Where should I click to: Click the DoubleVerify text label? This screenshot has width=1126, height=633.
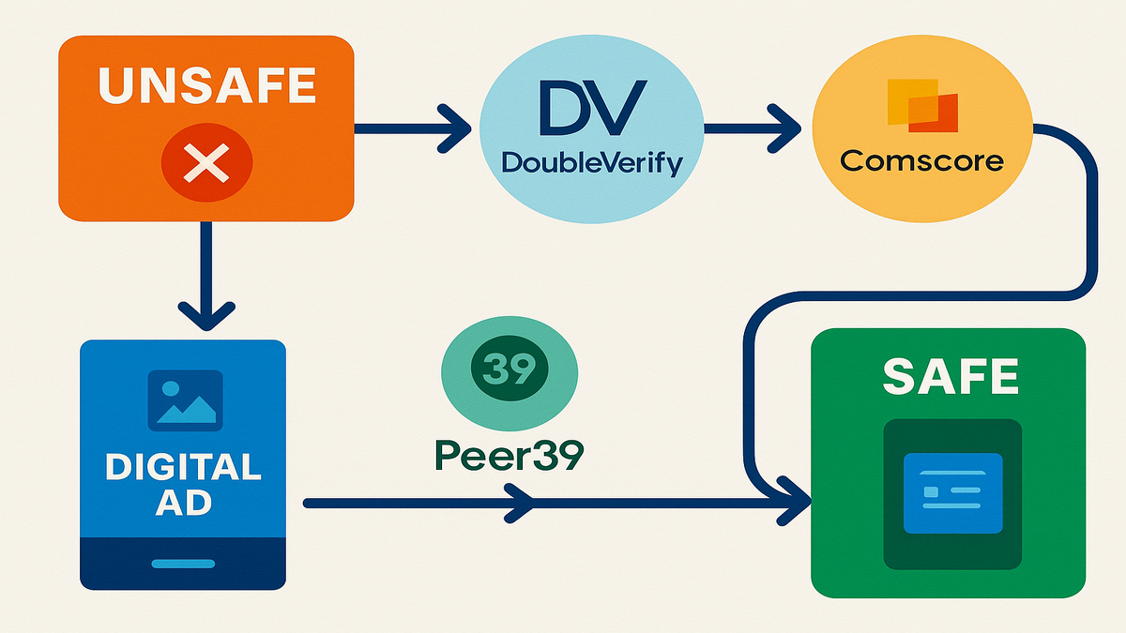click(592, 162)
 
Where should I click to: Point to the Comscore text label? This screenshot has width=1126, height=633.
click(921, 160)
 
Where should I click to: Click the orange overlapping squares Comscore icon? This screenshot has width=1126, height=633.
click(921, 105)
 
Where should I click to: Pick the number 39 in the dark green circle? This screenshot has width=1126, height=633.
click(510, 365)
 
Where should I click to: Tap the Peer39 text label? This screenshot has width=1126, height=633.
click(510, 456)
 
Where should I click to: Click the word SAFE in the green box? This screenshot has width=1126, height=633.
click(951, 377)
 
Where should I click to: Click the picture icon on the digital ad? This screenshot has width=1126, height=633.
click(185, 398)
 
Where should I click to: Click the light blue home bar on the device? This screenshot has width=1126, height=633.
click(184, 564)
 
